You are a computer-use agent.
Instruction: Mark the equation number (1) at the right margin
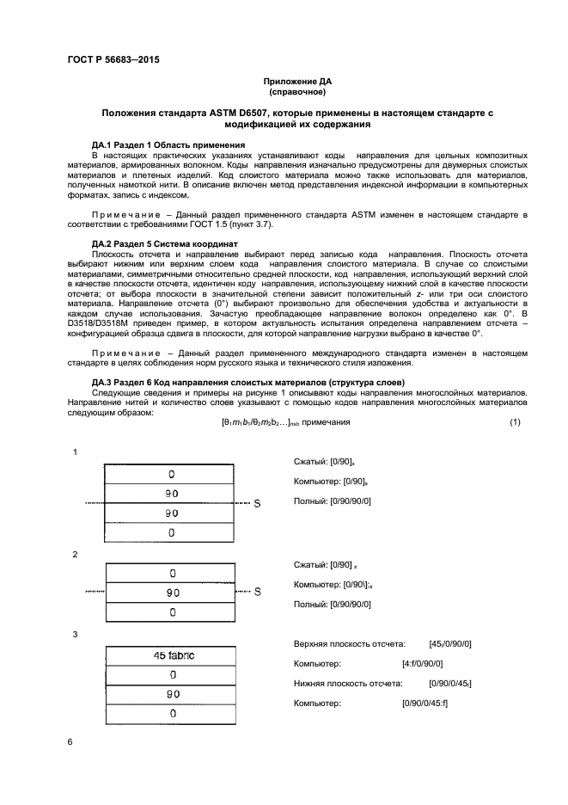(515, 421)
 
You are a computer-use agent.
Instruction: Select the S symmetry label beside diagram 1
(256, 503)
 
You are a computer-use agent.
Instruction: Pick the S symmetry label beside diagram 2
(256, 592)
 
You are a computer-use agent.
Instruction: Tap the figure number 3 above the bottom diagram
(76, 634)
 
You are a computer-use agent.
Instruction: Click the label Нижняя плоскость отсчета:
(348, 684)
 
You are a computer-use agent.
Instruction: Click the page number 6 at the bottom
(70, 741)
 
